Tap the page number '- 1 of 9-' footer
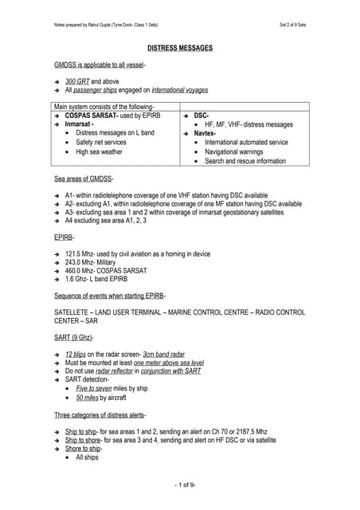[x=180, y=485]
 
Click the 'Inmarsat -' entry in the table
[x=82, y=124]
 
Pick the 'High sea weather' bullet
[x=99, y=151]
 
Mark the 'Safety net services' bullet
[x=103, y=142]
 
